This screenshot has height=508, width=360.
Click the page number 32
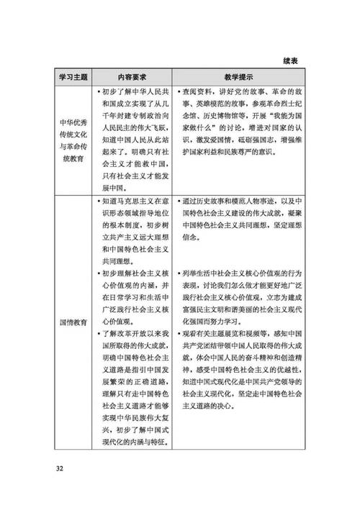click(59, 470)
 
